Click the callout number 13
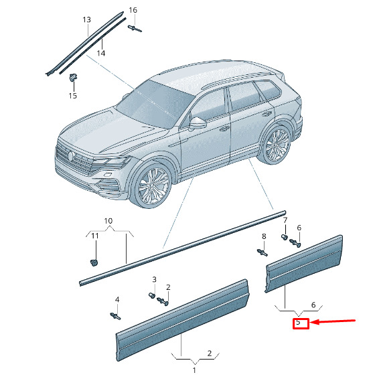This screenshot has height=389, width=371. click(86, 19)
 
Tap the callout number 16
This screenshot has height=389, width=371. click(133, 10)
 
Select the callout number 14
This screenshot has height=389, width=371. click(100, 53)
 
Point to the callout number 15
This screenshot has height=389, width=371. click(73, 96)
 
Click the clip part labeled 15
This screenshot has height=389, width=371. click(73, 77)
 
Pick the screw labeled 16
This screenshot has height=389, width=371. click(135, 29)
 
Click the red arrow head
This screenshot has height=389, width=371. click(314, 322)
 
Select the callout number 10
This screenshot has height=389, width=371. click(108, 221)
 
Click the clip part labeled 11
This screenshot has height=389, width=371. click(94, 262)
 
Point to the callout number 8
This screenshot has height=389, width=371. click(264, 236)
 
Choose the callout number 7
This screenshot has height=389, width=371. click(285, 220)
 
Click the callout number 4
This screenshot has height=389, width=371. click(117, 300)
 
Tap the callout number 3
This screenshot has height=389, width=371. click(154, 280)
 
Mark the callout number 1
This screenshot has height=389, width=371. click(194, 370)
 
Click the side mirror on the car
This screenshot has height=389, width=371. click(198, 123)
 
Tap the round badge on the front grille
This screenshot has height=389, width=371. click(71, 155)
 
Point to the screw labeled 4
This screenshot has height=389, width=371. click(115, 316)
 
